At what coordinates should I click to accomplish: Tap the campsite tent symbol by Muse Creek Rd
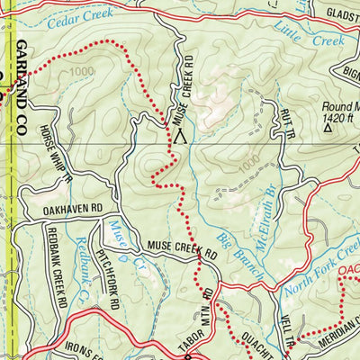point(182,137)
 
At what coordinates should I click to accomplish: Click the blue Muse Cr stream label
point(120,235)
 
